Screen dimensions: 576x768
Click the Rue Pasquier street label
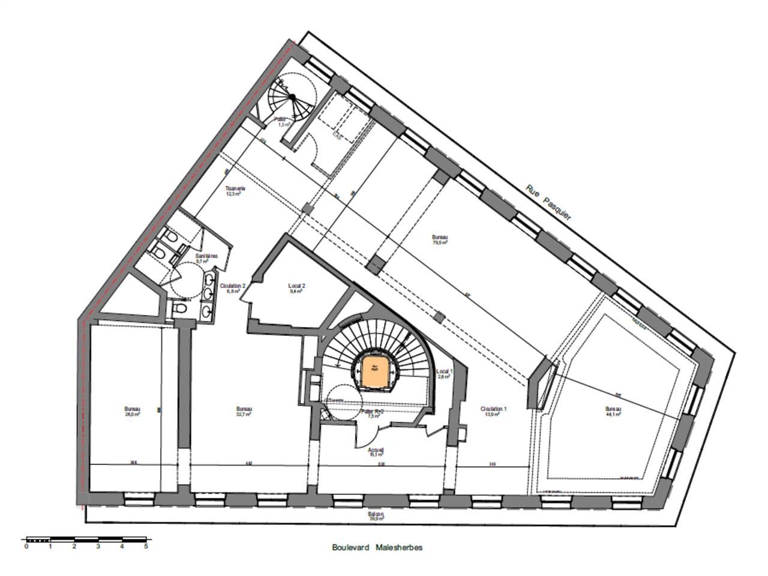pos(548,202)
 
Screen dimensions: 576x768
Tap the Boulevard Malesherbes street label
pos(377,547)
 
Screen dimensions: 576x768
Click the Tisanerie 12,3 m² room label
pos(235,191)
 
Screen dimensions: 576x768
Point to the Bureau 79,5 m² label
pos(440,240)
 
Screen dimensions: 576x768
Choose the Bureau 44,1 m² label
pos(613,412)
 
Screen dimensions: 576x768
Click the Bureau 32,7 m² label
pos(244,412)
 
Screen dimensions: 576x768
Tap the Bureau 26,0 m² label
pos(132,412)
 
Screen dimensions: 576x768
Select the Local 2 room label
pos(297,288)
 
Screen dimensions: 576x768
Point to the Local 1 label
pos(445,374)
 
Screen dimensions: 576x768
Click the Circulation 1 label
pos(494,412)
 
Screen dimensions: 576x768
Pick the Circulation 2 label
pos(233,289)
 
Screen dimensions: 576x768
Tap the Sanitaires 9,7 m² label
pos(206,259)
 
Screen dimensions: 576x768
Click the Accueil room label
pos(376,452)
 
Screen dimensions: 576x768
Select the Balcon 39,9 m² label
pos(376,517)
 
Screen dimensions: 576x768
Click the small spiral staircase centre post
pos(292,97)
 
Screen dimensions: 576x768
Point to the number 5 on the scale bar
pos(146,546)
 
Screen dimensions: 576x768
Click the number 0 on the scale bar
pos(26,546)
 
